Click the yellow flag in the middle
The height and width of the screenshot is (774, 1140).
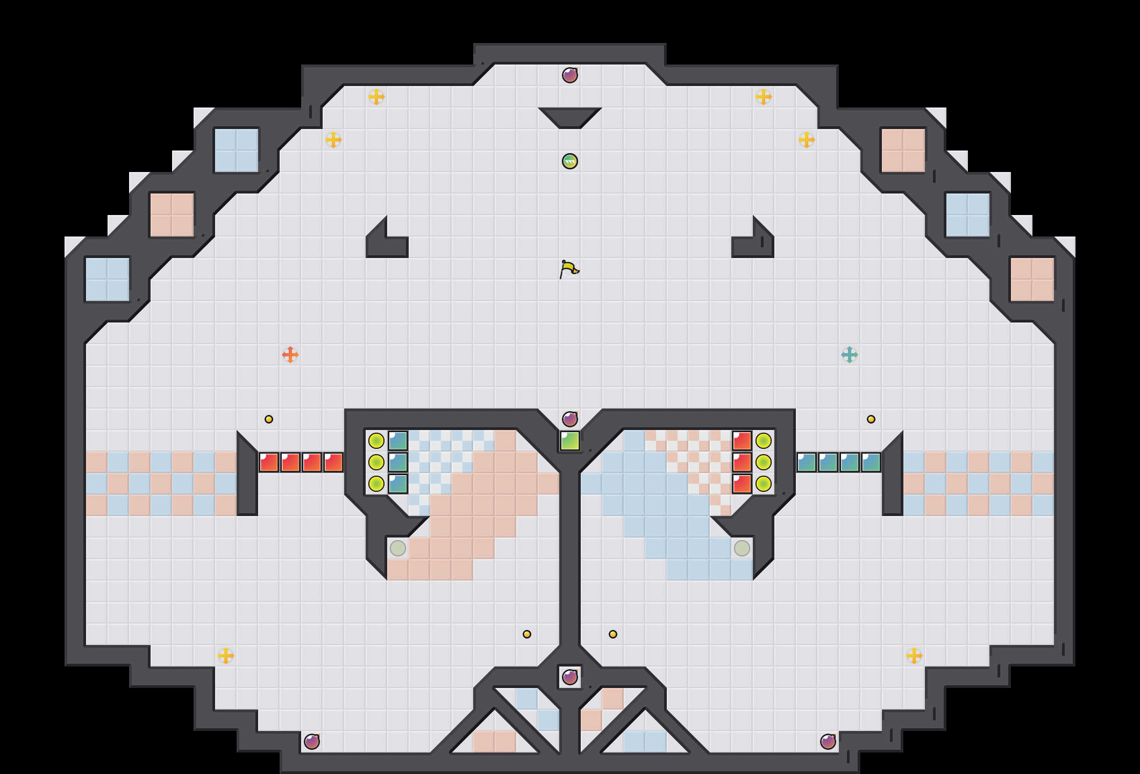tap(569, 269)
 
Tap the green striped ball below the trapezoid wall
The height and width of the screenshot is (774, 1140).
tap(570, 161)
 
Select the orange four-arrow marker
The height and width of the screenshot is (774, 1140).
tap(290, 355)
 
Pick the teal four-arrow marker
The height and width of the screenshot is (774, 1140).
tap(850, 355)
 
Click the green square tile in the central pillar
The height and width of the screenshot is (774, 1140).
tap(570, 441)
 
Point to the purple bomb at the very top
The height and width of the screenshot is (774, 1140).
tap(570, 75)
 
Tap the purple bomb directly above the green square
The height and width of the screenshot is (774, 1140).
tap(570, 419)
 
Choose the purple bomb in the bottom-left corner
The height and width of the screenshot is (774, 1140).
tap(312, 742)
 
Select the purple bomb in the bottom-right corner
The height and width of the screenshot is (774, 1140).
tap(828, 742)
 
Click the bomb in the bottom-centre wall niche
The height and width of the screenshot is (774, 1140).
tap(570, 677)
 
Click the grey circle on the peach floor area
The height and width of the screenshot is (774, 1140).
tap(398, 548)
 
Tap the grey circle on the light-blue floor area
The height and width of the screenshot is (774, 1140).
tap(742, 548)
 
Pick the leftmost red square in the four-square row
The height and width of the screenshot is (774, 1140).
tap(269, 462)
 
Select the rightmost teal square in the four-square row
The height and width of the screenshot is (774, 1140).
tap(871, 462)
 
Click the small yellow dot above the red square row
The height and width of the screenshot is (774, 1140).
tap(269, 419)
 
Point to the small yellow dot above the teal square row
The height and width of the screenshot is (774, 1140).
tap(871, 419)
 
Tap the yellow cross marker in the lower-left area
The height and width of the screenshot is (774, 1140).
tap(226, 656)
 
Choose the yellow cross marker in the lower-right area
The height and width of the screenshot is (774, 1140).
tap(914, 656)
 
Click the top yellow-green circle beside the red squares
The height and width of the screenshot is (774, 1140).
tap(764, 441)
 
